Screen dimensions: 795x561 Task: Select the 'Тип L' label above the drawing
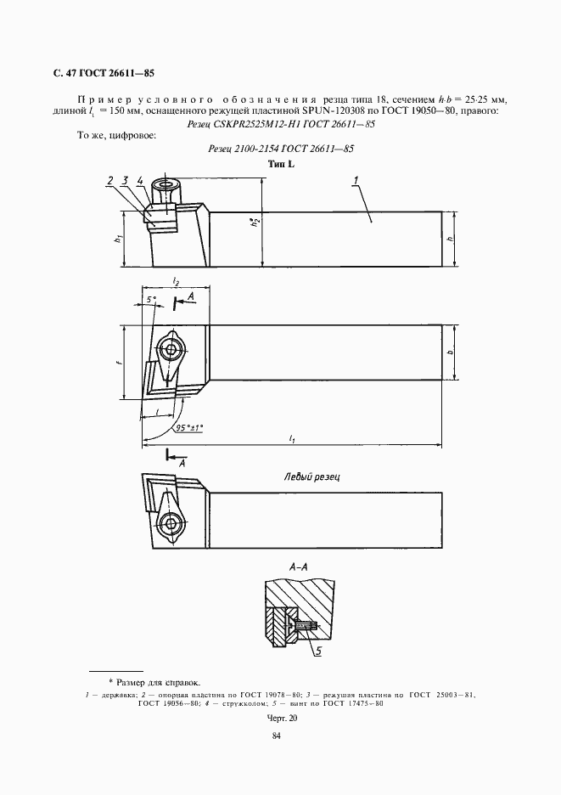tap(280, 164)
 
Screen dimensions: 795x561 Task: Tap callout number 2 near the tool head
tap(110, 180)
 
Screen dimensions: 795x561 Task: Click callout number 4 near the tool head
tap(138, 180)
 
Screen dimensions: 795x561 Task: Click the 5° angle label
tap(151, 300)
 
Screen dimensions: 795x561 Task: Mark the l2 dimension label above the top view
tap(175, 280)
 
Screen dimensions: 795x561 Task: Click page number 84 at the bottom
tap(276, 736)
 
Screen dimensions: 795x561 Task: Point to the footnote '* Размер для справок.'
tap(154, 681)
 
